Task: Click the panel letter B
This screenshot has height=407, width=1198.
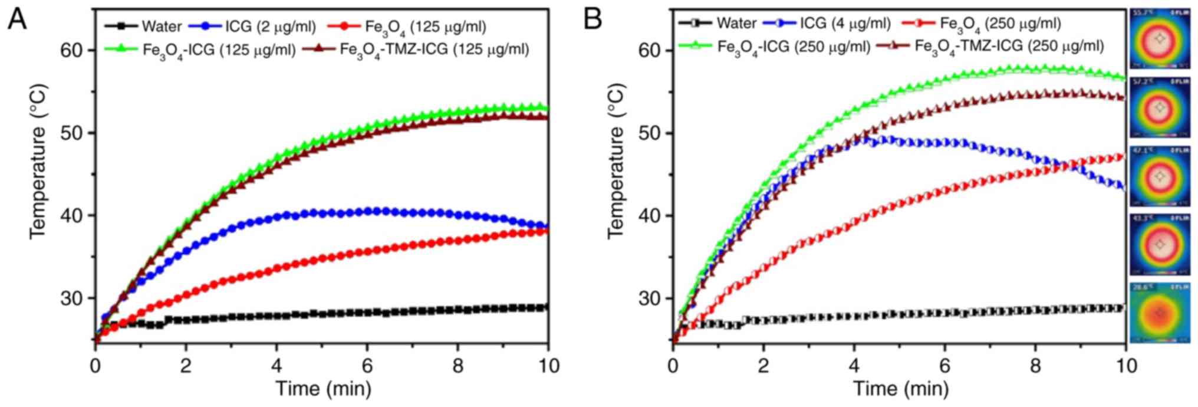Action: (x=593, y=20)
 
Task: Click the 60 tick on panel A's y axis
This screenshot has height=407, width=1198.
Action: (x=72, y=51)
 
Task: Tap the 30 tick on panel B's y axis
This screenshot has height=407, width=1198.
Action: (x=650, y=298)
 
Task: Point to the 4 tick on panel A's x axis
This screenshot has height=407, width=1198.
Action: (x=277, y=366)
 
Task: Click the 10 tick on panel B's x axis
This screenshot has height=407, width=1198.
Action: (x=1126, y=366)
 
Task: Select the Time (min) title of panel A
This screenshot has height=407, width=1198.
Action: (x=323, y=389)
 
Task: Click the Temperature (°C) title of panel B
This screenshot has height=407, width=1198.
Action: (x=616, y=160)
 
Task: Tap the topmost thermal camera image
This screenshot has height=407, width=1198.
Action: (x=1160, y=38)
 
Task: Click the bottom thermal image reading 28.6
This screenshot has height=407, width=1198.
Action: (x=1160, y=313)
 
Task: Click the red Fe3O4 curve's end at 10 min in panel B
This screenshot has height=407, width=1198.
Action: (x=1124, y=157)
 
